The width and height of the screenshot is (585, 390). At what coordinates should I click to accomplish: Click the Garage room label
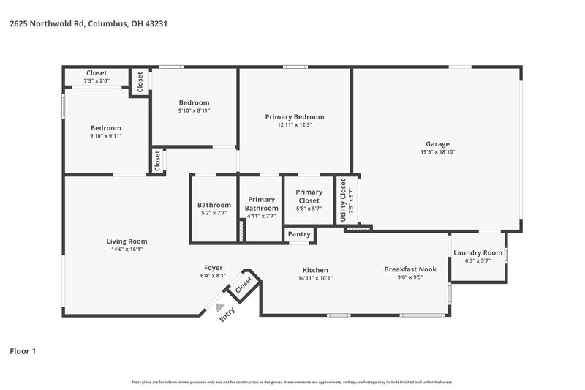point(437,143)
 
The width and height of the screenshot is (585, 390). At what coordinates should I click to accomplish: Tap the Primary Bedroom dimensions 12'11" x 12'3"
point(294,125)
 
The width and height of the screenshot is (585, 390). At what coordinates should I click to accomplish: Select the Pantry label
point(299,234)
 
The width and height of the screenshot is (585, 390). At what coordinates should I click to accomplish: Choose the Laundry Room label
point(477,252)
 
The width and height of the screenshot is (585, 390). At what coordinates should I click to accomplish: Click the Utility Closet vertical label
point(343,200)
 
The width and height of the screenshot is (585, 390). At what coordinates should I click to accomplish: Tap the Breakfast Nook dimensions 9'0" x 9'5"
point(410,277)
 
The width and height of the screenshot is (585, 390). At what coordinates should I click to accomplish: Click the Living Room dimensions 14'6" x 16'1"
point(127,249)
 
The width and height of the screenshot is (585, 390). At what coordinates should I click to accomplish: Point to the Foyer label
point(213,267)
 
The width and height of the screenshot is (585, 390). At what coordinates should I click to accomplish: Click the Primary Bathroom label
point(261,203)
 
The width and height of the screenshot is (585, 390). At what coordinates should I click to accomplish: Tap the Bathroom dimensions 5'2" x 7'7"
point(214,213)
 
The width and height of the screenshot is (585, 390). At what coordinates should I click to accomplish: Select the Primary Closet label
point(309,196)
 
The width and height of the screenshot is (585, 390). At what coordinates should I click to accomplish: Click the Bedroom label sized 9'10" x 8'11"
point(194,102)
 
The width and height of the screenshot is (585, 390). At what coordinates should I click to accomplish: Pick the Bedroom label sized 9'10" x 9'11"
point(106,127)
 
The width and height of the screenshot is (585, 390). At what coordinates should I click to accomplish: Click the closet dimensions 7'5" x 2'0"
point(97,80)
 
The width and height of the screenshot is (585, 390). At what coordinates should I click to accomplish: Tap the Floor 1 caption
point(23,351)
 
